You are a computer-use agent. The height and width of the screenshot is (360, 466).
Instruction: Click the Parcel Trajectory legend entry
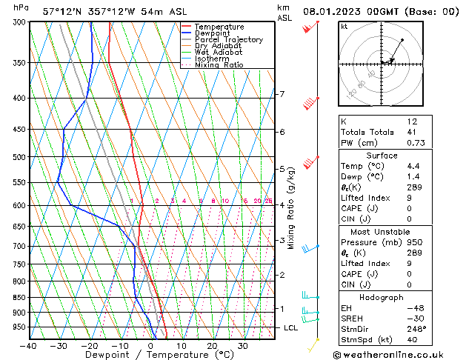click(x=228, y=39)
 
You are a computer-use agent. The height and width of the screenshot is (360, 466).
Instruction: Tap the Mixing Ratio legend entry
click(x=219, y=65)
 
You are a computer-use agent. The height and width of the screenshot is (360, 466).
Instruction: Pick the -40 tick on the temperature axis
click(x=29, y=346)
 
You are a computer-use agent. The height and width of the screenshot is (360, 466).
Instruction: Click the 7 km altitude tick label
click(x=282, y=94)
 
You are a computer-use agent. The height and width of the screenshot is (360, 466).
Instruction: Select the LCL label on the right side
click(x=291, y=327)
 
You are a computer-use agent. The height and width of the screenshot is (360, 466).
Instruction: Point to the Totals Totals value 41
click(x=412, y=132)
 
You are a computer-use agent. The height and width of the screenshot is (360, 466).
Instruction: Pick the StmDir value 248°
click(x=416, y=329)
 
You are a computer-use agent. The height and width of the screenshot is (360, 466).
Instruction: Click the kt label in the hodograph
click(x=344, y=26)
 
